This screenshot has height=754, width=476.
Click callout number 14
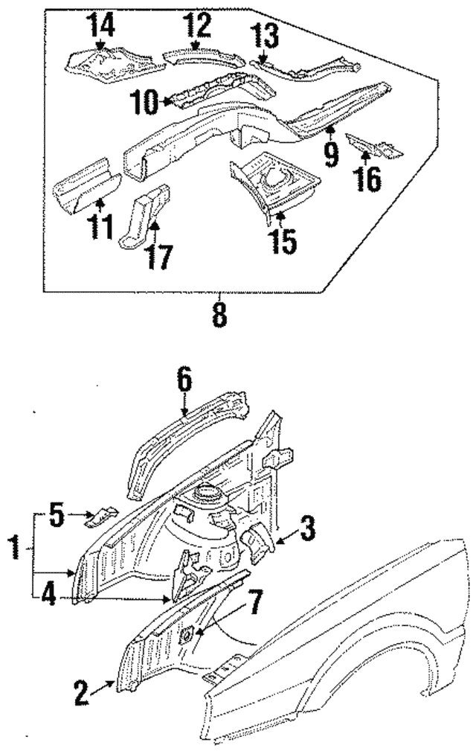[100, 25]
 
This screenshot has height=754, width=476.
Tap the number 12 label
[197, 25]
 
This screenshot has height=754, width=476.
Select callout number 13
[264, 36]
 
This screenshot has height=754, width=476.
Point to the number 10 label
[144, 102]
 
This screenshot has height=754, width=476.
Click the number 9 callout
[331, 155]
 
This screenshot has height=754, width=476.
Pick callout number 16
[368, 179]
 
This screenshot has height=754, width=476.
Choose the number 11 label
[100, 227]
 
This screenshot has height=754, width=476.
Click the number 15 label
[283, 241]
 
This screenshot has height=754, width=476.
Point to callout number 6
[184, 380]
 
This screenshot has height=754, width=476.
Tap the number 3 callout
[308, 528]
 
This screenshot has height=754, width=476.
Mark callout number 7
[254, 602]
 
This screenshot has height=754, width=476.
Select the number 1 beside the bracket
[15, 549]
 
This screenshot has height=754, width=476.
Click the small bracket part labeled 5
[101, 515]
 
